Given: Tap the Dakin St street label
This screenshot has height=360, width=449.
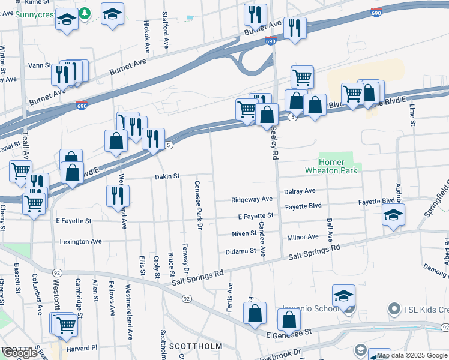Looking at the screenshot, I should click(x=167, y=176).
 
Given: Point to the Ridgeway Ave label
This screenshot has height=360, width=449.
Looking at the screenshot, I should click(x=252, y=199).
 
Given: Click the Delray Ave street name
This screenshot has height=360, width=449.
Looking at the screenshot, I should click(x=300, y=191).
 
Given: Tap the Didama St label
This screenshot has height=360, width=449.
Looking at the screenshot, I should click(x=240, y=251).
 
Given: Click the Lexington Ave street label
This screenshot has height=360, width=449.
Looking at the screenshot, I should click(x=80, y=242).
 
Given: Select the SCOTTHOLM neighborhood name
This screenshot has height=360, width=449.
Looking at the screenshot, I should click(x=195, y=346).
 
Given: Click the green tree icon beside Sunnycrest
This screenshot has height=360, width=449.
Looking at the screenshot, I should click(x=85, y=13).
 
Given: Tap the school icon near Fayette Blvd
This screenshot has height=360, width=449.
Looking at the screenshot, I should click(x=393, y=215).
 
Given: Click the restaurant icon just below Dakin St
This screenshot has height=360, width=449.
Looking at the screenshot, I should click(x=118, y=196).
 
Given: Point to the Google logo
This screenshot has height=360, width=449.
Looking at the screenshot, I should click(x=20, y=353).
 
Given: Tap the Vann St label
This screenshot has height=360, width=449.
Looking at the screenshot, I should click(x=38, y=65).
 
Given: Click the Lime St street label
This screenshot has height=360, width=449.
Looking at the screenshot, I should click(x=412, y=115).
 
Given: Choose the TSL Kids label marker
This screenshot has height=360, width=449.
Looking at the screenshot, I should click(x=394, y=310).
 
